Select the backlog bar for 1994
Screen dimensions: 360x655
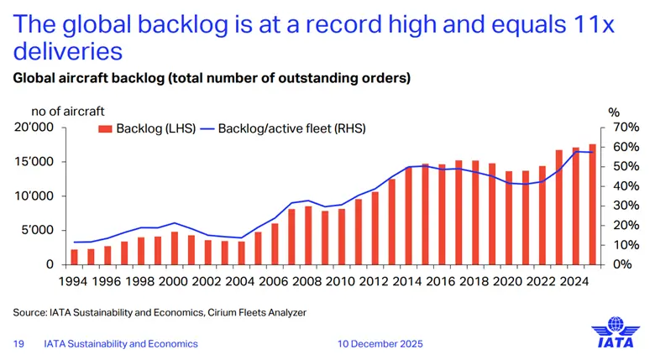tap(74, 257)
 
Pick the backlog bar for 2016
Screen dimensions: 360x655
tap(442, 214)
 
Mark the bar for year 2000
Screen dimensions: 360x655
tap(175, 248)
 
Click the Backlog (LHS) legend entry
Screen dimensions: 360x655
tap(147, 128)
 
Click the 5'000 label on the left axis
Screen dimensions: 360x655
tap(39, 230)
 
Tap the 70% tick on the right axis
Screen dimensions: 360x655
tap(626, 128)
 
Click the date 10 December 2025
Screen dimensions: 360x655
tap(380, 343)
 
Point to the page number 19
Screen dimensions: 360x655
tap(18, 343)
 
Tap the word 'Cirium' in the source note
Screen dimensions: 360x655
tap(216, 312)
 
